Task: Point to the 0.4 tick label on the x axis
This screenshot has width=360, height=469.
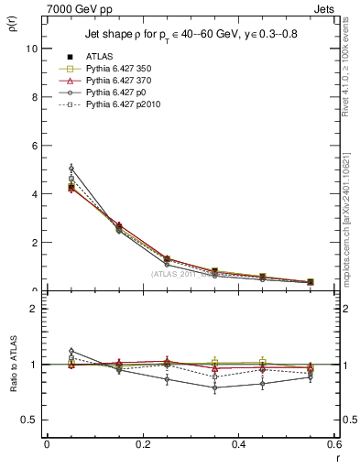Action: [239, 444]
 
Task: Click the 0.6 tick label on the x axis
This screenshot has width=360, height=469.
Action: [334, 444]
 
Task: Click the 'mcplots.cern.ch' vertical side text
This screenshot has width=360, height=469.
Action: [351, 229]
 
